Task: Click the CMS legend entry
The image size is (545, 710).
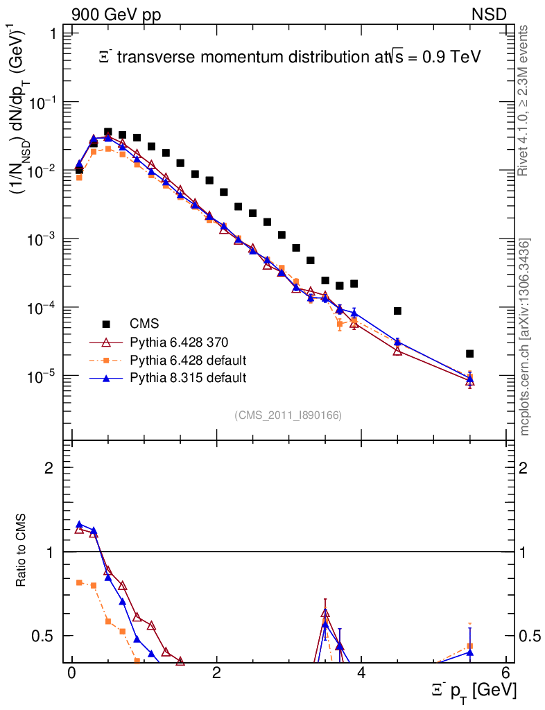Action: [144, 324]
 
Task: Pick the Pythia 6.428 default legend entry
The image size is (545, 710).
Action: [188, 360]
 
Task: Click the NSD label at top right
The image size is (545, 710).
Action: [490, 15]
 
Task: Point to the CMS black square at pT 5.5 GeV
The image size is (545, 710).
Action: [470, 354]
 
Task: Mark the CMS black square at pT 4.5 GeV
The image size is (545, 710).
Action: [397, 311]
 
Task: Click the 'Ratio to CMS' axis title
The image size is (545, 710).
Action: [21, 551]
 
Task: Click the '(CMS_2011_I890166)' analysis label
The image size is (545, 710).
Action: [288, 415]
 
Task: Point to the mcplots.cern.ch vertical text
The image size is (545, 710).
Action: [526, 337]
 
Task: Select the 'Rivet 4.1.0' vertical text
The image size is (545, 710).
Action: [526, 101]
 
